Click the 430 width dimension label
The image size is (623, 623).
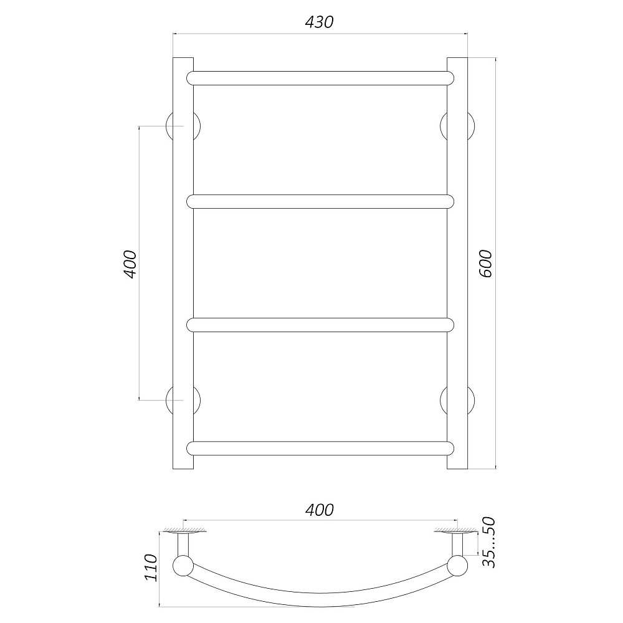[319, 22]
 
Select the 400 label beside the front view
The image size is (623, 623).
[130, 264]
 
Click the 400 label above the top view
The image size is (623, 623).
[320, 510]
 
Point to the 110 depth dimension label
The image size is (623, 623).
[151, 568]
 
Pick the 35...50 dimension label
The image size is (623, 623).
[489, 543]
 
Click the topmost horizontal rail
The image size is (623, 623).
[320, 78]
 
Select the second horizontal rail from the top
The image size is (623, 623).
[320, 201]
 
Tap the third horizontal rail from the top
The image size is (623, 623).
[320, 325]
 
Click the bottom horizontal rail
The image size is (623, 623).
[320, 448]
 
